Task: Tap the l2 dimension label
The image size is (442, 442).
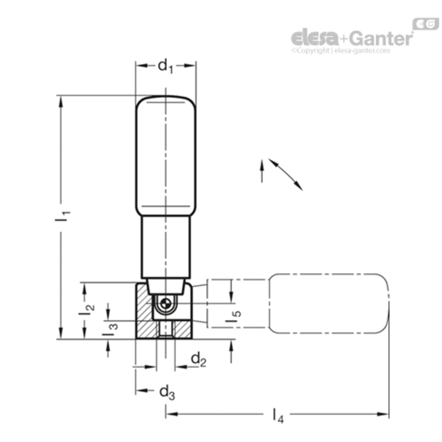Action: click(87, 310)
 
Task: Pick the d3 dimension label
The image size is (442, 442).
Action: click(167, 393)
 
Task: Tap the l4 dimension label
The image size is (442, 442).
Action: click(278, 416)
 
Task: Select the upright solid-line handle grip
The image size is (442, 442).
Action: click(166, 156)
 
